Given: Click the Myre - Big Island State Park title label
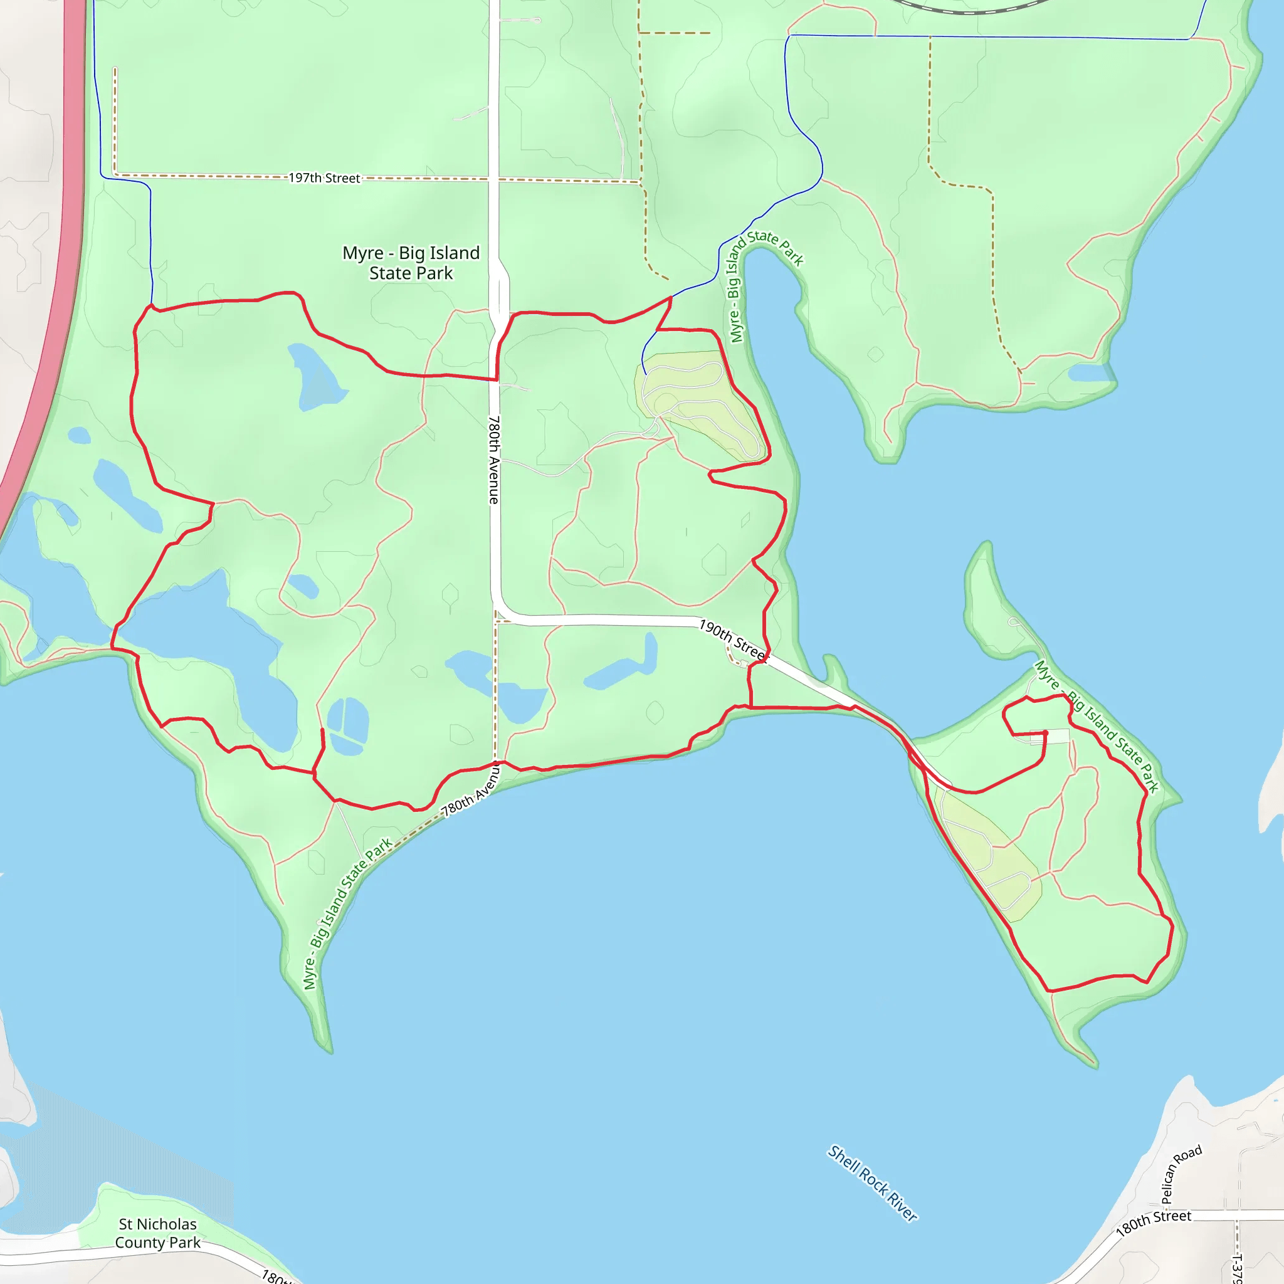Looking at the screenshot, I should pos(411,263).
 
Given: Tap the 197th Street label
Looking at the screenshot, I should pos(324,178).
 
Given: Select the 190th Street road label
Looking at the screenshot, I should pos(733,640).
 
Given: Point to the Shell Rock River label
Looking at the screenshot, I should pos(872,1183).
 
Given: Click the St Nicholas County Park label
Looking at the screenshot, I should pos(157,1233).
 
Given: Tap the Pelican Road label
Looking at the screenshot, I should pos(1181,1174).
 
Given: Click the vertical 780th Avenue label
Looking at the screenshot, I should pos(494,460).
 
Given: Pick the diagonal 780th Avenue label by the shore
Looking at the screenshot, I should pos(471,790).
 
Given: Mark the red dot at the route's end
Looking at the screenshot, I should pos(1045,733).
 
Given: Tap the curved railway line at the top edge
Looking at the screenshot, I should pos(971,9).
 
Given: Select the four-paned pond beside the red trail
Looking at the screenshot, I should pos(347,726).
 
